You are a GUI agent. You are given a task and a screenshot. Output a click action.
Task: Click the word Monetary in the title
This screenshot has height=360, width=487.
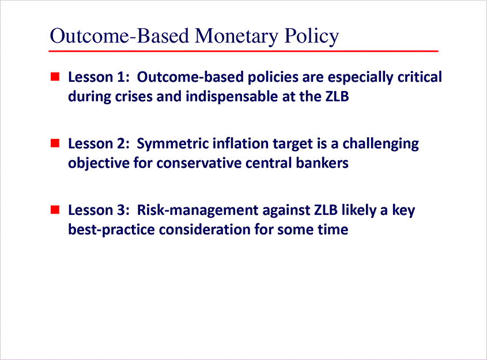tap(236, 36)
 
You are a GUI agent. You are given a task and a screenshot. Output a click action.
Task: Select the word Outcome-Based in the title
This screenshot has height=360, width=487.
tap(120, 36)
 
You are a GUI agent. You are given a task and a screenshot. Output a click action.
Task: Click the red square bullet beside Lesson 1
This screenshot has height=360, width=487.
tap(55, 76)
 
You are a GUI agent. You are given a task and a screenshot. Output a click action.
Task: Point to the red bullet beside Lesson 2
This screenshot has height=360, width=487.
tap(55, 142)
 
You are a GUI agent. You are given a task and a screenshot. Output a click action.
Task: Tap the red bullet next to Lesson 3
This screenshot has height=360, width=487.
tap(55, 209)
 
